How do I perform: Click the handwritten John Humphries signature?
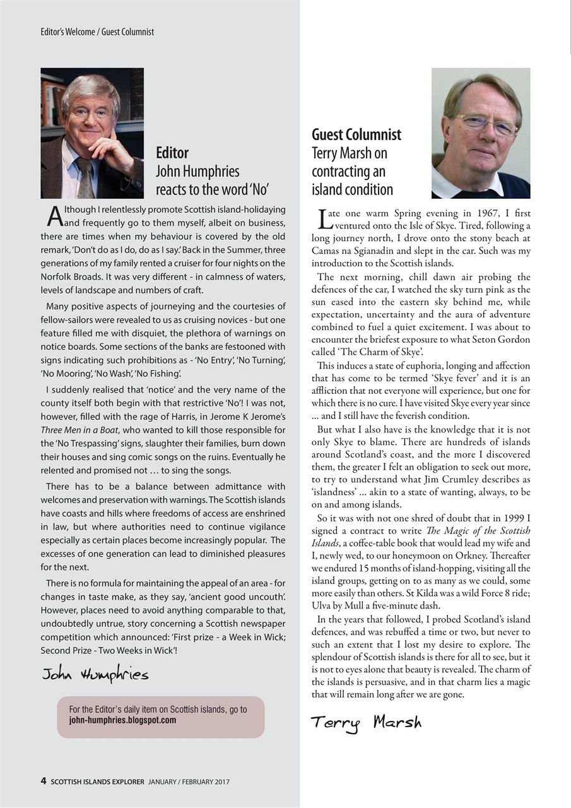point(95,675)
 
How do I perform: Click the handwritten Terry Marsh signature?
point(366,722)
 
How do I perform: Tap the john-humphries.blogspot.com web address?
point(122,720)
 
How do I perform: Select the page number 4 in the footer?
point(43,781)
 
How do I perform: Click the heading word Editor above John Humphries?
point(172,153)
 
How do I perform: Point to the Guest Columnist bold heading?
point(356,134)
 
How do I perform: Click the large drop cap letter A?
point(54,217)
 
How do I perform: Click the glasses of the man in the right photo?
point(485,124)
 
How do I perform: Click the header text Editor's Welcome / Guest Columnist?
point(93,32)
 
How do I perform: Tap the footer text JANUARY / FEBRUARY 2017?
point(189,781)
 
